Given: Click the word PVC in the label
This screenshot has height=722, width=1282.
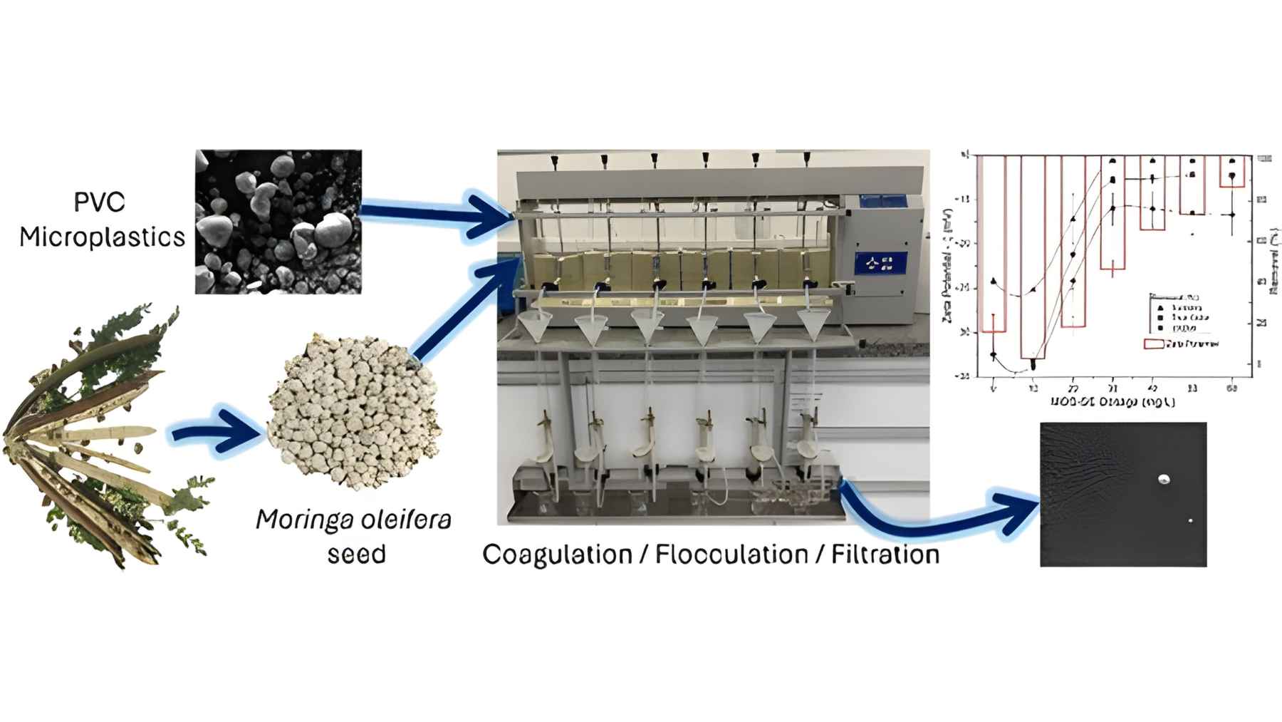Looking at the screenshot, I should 100,202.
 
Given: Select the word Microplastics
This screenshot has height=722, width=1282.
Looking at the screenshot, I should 102,237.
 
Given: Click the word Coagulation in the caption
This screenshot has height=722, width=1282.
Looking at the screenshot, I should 557,554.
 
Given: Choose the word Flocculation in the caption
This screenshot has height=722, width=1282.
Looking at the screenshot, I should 731,554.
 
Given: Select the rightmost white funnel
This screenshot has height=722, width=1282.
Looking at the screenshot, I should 813,325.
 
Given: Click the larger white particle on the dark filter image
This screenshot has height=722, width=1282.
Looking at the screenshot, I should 1164,480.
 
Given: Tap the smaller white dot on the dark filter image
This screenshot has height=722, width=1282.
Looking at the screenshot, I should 1191,521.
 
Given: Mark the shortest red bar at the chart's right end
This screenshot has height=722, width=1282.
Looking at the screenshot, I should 1231,172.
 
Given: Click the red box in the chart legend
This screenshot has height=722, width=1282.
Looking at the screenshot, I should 1154,344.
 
